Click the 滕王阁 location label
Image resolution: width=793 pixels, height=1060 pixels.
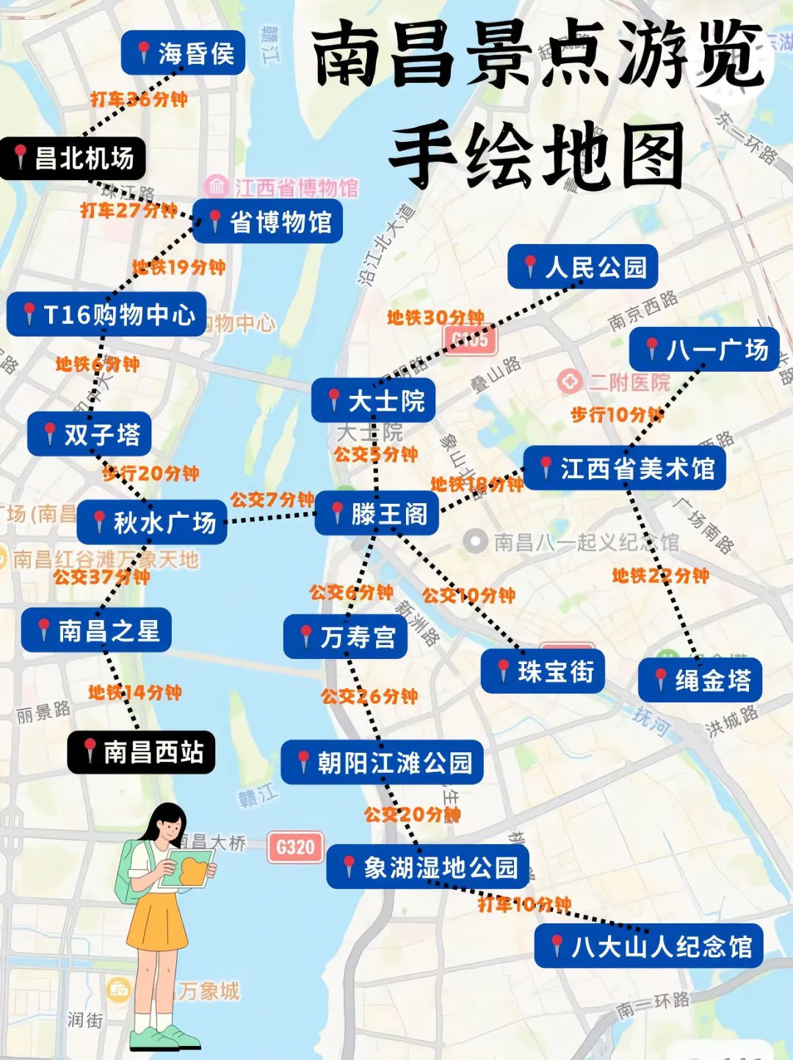[377, 513]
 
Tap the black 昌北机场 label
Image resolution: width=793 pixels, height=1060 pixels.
[73, 158]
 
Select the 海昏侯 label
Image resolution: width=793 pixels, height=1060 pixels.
[183, 53]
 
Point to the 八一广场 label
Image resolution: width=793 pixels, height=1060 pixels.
[704, 350]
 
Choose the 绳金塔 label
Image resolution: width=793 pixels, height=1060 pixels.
[700, 680]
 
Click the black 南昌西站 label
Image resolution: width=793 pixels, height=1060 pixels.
[141, 751]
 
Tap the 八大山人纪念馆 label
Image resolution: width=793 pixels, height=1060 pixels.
[648, 946]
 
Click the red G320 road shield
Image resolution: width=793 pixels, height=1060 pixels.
[295, 847]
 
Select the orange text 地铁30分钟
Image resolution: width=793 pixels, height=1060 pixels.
[435, 317]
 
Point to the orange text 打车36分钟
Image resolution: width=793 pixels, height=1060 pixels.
[139, 99]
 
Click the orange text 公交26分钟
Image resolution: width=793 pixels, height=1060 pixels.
[369, 696]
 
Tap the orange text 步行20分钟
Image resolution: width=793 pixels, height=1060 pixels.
[151, 474]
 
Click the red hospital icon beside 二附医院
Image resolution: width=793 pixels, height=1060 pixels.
[569, 381]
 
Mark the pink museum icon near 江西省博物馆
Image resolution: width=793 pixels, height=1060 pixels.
[217, 186]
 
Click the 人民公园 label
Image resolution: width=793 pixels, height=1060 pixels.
[582, 267]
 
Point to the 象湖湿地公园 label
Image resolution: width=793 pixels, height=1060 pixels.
[427, 868]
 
